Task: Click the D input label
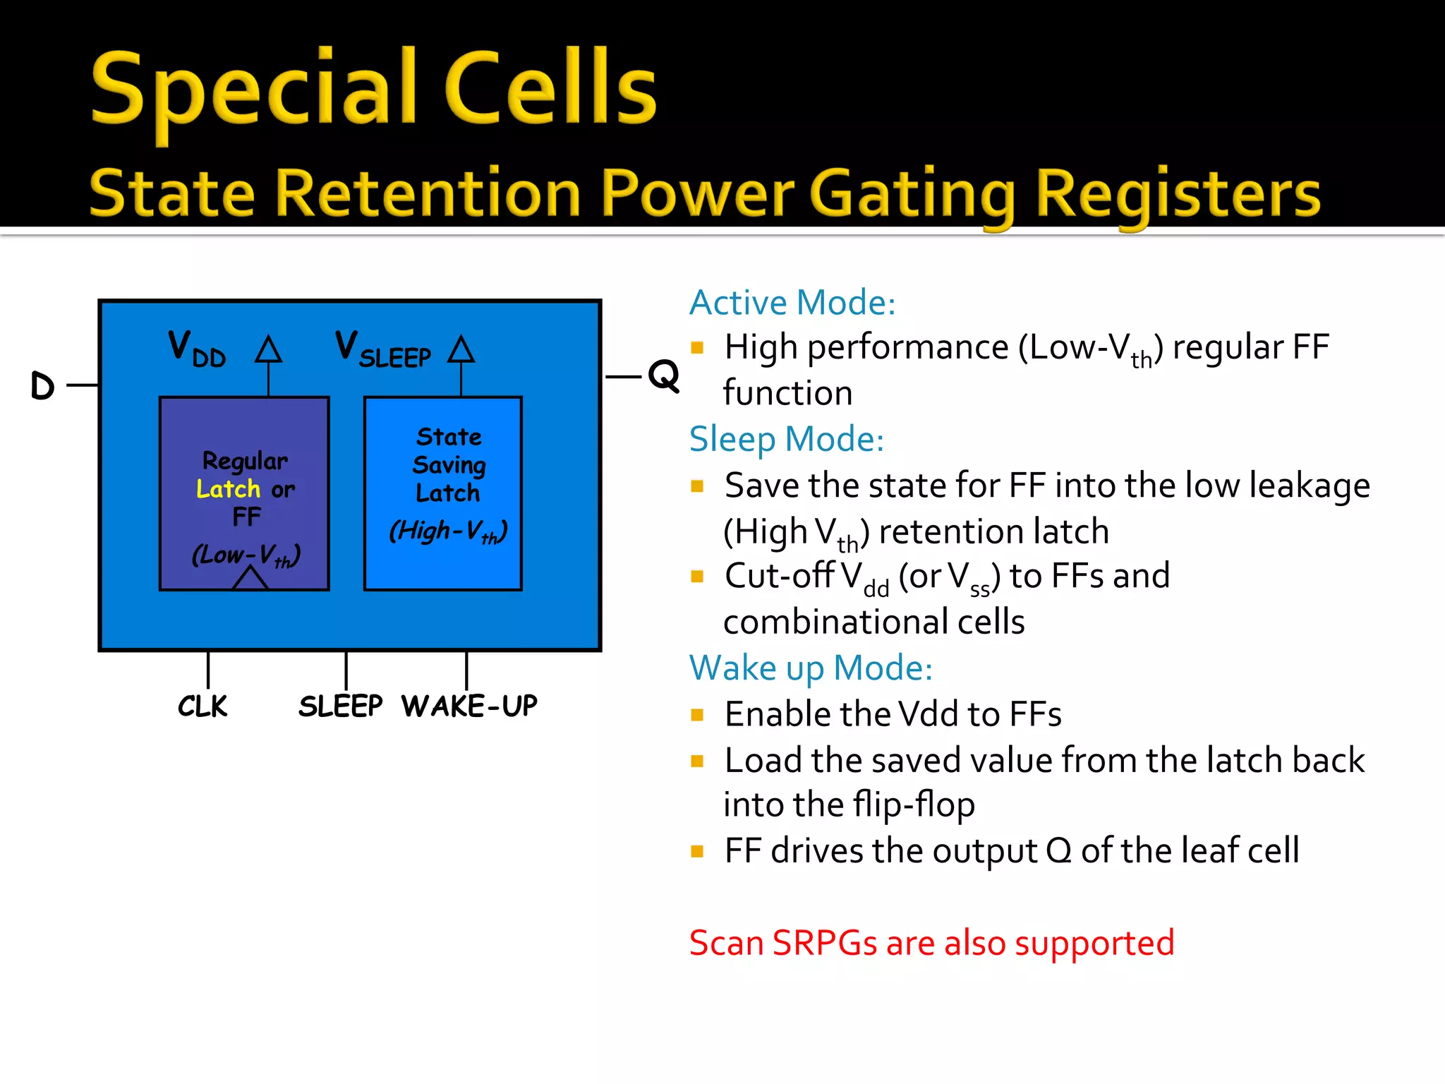[x=43, y=385]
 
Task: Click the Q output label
[x=663, y=375]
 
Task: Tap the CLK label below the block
[x=202, y=706]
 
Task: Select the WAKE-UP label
[x=469, y=706]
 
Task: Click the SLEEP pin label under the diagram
[x=340, y=706]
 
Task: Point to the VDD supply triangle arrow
[x=268, y=350]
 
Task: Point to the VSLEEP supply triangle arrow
[x=461, y=349]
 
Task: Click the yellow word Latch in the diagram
[x=228, y=489]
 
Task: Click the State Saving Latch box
[x=443, y=493]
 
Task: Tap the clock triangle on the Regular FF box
[x=250, y=579]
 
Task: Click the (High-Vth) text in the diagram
[x=448, y=531]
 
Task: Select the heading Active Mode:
[x=792, y=303]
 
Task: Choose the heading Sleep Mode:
[x=786, y=439]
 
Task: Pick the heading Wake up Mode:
[x=810, y=668]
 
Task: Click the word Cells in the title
[x=550, y=88]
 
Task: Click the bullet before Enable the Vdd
[x=697, y=715]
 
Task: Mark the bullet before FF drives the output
[x=697, y=851]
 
